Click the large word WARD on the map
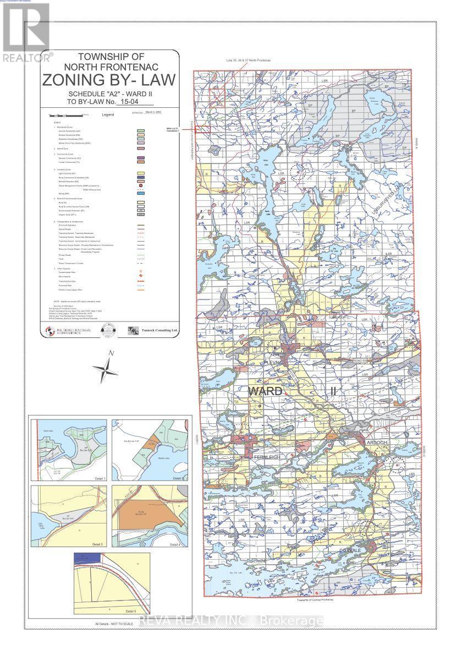pyautogui.click(x=266, y=392)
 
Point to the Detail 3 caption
pyautogui.click(x=98, y=544)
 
